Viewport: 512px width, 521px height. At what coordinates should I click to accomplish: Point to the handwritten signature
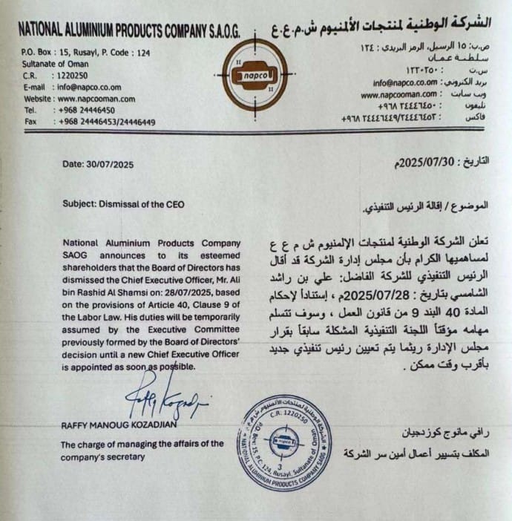pos(166,402)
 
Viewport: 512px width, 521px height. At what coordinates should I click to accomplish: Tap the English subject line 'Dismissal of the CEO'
pos(148,203)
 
